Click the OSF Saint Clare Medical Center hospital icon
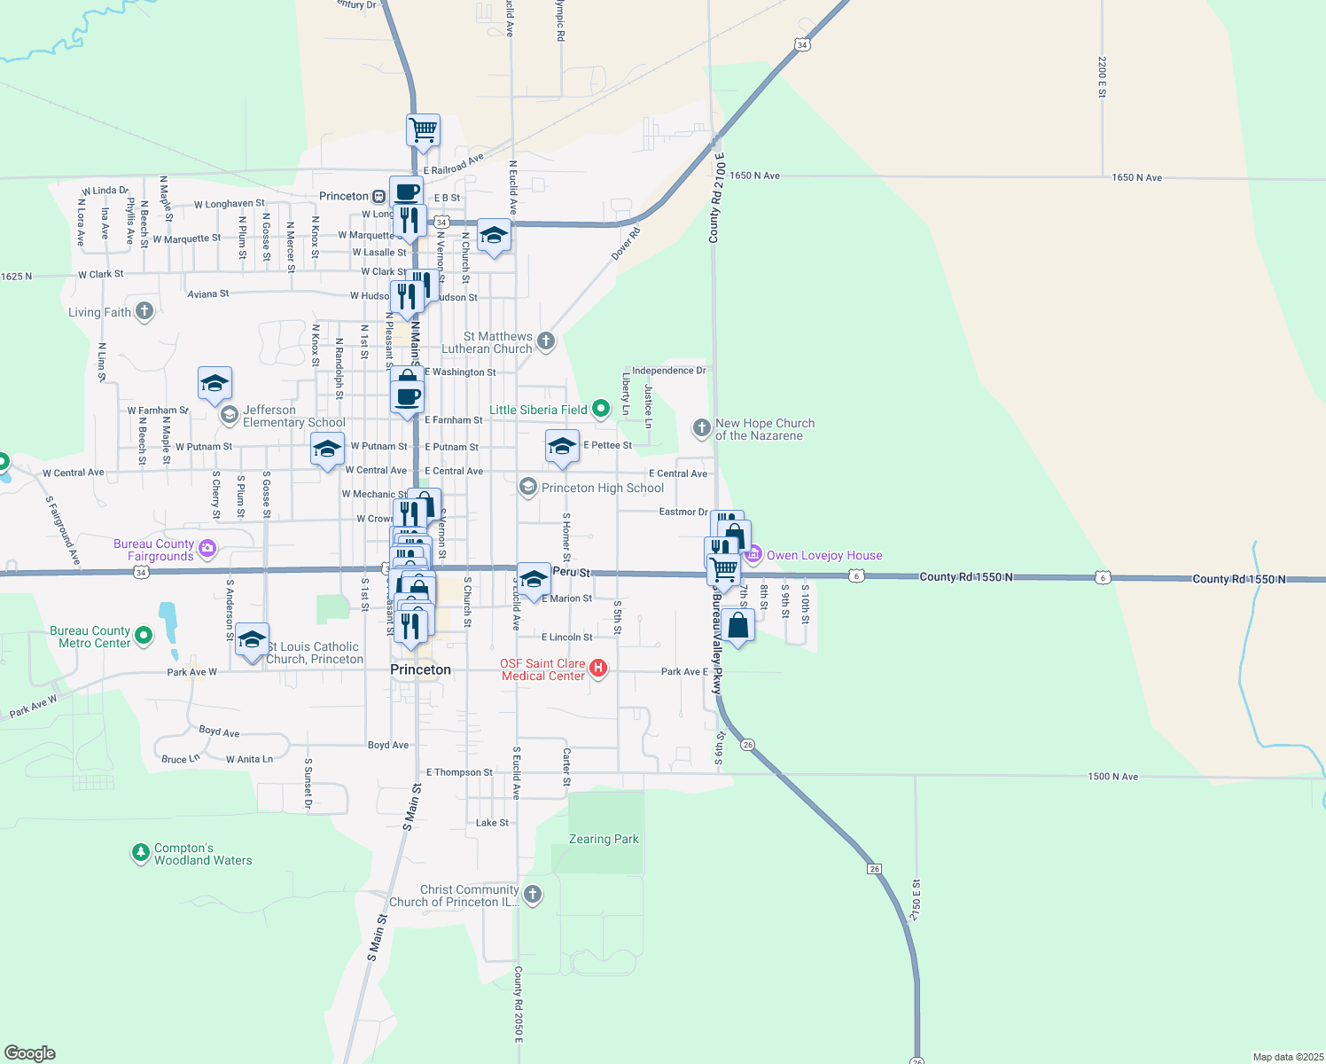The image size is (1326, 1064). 598,669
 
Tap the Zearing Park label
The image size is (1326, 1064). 604,839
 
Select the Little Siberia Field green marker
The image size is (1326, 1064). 601,409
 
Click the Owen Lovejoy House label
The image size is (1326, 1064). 824,556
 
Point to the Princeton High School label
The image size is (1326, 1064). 603,488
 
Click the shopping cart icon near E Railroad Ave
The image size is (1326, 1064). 424,129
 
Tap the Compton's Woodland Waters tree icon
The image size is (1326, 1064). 140,853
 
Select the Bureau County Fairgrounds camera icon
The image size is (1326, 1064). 207,549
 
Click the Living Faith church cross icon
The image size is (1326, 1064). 144,311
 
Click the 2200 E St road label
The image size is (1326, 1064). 1102,77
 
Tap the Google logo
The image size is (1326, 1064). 30,1053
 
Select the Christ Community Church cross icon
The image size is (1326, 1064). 533,894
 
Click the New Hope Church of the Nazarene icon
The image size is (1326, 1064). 701,429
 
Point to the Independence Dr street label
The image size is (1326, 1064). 669,371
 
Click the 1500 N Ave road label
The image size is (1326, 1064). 1113,777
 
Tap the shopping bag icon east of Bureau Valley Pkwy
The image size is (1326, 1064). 737,625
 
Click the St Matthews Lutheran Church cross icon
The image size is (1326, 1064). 546,340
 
